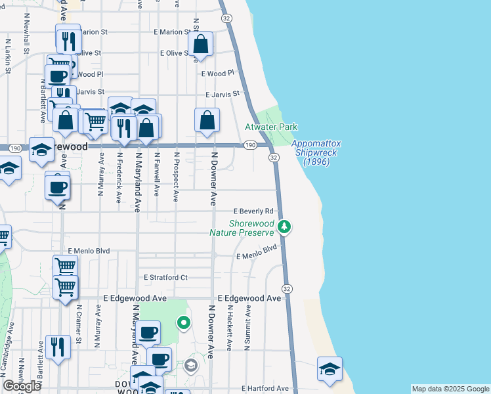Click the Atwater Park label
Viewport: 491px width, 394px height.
point(271,127)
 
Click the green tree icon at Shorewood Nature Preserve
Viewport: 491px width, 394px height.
point(284,227)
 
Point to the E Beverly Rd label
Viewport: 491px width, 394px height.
point(253,211)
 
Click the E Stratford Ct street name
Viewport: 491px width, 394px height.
point(165,277)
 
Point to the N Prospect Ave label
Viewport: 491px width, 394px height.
point(176,177)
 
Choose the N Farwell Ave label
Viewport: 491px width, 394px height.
point(157,174)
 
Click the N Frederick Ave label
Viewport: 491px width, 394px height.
point(119,177)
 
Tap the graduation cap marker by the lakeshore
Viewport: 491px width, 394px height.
point(330,368)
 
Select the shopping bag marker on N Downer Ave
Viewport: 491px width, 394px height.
point(207,121)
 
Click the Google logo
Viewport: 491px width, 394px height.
point(22,386)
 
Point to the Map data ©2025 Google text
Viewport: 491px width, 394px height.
point(450,389)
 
